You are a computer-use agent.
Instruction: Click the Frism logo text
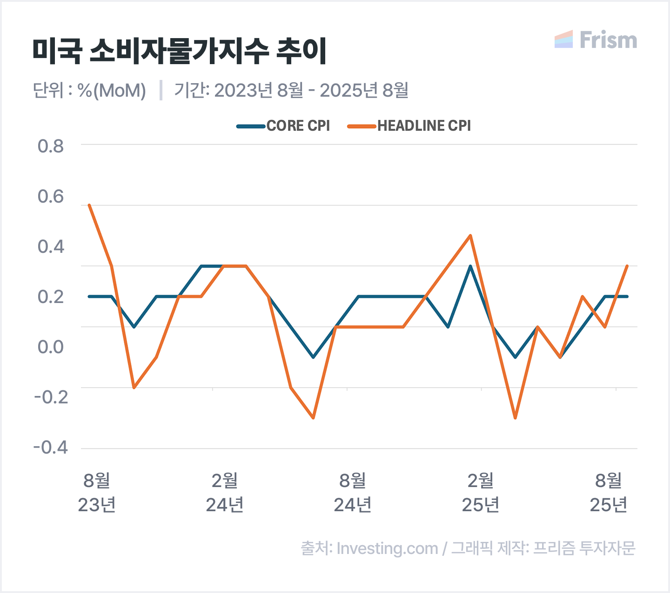tap(608, 40)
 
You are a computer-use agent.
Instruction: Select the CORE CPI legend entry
tap(283, 126)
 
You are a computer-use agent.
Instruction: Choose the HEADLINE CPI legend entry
tap(409, 126)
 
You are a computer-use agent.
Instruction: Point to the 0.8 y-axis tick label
tap(51, 146)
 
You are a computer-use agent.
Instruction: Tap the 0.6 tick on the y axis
tap(51, 197)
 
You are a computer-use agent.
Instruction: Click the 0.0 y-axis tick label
tap(51, 347)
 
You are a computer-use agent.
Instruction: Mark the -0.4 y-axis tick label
tap(50, 448)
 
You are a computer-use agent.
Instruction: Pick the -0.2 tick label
tap(50, 397)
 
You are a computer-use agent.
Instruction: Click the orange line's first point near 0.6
tap(89, 205)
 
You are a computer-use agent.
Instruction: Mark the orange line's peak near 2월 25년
tap(470, 236)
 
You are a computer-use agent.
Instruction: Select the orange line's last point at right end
tap(627, 266)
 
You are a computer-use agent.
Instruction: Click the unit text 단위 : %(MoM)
tap(89, 90)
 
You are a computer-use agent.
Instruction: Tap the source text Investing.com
tap(387, 548)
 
